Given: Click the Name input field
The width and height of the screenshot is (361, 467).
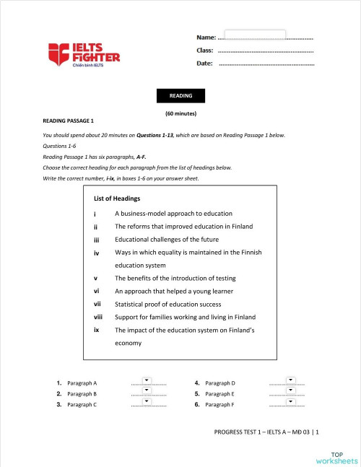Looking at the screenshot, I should click(x=255, y=35).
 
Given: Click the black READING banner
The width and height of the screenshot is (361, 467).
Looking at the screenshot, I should click(x=180, y=96).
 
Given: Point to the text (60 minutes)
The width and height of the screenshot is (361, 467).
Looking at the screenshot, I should click(x=180, y=114).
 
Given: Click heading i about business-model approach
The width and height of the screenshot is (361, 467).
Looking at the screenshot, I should click(x=173, y=214).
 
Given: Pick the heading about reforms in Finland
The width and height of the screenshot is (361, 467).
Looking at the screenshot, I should click(x=183, y=227).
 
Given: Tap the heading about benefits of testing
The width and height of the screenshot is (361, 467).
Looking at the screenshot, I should click(x=175, y=279).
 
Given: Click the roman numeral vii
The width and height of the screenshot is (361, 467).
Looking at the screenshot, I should click(x=97, y=304).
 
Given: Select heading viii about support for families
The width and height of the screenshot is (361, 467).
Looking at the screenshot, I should click(x=185, y=317).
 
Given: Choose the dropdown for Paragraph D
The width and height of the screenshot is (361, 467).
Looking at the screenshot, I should click(x=290, y=380).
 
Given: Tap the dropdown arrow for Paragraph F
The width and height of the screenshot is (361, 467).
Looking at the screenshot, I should click(x=290, y=402).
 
